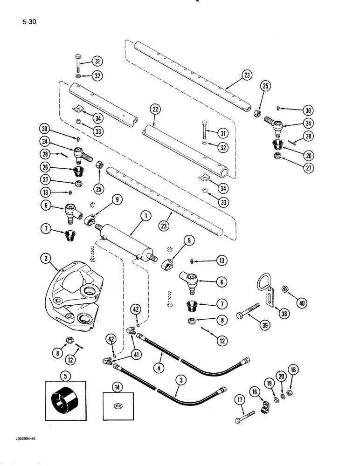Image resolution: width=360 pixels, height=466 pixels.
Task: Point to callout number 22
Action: (x=154, y=110)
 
